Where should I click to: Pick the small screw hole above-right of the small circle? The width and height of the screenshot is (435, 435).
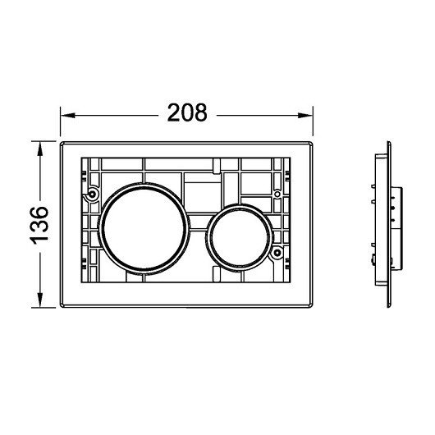point(277,194)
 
